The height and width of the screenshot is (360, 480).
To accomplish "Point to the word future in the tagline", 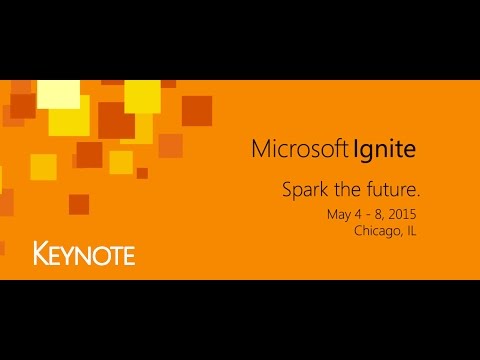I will coord(390,188).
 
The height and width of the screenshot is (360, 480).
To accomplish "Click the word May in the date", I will coord(338,215).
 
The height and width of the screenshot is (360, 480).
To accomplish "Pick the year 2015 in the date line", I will coord(399,215).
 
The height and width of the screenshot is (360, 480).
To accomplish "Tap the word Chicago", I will coord(377,231).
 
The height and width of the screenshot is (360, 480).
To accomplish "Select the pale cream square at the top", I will coord(58,93).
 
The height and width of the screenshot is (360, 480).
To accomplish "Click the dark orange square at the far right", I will coord(197,110).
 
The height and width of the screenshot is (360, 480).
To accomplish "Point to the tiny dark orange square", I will coord(142,173).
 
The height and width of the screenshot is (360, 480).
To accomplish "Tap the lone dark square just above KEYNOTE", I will coord(79,204).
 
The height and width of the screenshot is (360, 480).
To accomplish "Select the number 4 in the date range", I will coord(355,215).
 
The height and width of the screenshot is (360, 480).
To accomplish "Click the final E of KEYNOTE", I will coord(128,254).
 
